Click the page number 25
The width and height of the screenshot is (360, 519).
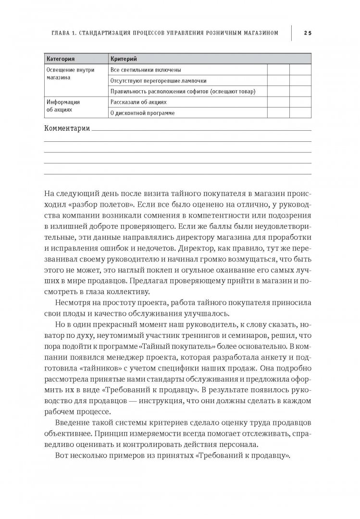click(x=308, y=33)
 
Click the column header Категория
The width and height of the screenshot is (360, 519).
click(x=60, y=59)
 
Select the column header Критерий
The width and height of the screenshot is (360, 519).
click(x=124, y=59)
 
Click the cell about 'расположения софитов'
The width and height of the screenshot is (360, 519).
click(x=182, y=91)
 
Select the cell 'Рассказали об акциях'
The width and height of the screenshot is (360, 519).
click(x=138, y=102)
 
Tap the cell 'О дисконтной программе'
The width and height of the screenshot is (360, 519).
click(x=142, y=113)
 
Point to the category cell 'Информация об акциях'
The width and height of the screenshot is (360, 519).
click(x=62, y=105)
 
